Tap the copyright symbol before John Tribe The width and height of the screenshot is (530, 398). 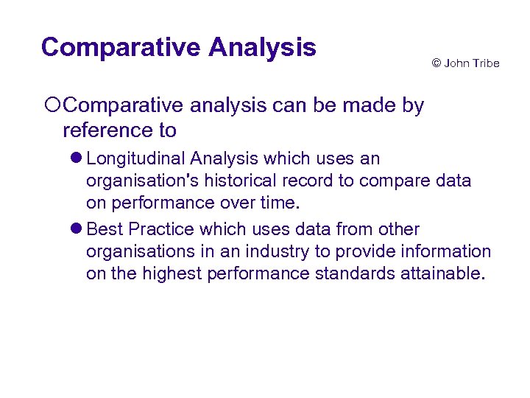coord(436,63)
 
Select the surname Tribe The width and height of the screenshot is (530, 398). coord(485,63)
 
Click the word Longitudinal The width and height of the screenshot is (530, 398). coord(135,158)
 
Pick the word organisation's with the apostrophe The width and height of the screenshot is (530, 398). coord(144,180)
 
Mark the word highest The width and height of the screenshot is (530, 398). coord(174,273)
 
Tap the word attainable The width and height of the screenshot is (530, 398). coord(444,273)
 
